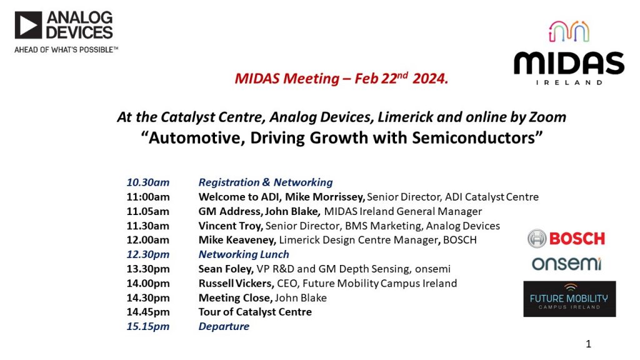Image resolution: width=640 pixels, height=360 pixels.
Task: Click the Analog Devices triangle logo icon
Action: [x=28, y=25]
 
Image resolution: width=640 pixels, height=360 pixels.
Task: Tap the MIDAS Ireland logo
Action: [x=569, y=52]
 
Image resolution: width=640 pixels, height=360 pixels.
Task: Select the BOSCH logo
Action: [x=566, y=239]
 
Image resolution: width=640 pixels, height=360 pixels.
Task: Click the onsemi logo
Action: [x=566, y=264]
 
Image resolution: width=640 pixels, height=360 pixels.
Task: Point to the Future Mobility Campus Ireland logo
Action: [x=569, y=299]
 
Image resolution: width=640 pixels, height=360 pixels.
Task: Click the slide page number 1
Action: [x=588, y=344]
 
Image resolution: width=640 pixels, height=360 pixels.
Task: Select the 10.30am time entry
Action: [x=147, y=182]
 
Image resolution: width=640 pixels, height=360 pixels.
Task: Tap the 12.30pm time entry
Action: [x=147, y=255]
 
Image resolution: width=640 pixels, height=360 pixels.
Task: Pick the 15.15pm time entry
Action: [x=147, y=326]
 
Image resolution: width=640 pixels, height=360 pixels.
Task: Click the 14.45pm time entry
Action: [x=147, y=312]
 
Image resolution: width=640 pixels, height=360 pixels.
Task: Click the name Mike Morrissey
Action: [x=324, y=197]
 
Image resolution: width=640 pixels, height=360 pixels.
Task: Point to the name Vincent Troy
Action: [x=230, y=226]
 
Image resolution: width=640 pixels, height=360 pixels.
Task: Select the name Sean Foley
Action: [x=225, y=269]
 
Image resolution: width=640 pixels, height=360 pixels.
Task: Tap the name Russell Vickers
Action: [x=236, y=283]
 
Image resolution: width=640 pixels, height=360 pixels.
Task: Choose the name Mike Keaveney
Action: [x=237, y=240]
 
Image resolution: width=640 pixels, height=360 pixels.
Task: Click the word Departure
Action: [x=224, y=326]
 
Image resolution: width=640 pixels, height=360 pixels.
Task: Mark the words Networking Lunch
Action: [x=244, y=254]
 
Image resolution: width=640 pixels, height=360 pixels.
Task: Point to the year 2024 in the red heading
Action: [x=430, y=78]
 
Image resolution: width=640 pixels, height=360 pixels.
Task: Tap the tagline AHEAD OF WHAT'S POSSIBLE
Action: [x=66, y=50]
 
